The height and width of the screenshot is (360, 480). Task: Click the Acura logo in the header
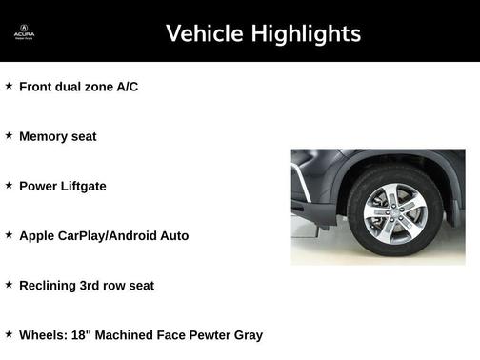pos(24,32)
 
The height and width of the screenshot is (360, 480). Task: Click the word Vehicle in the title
pos(204,34)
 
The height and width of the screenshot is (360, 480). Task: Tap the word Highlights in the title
pos(306,34)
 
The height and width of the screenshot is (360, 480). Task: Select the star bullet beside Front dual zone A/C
pos(9,86)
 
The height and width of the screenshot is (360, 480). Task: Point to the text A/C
pos(128,87)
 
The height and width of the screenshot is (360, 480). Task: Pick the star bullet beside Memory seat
pos(9,135)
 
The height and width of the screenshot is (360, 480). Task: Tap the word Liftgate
pos(81,186)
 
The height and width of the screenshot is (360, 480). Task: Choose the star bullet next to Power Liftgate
pos(9,185)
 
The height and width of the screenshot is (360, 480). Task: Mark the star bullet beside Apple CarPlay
pos(9,234)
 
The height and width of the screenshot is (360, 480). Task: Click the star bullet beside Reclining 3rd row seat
pos(9,284)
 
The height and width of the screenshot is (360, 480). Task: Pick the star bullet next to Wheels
pos(9,333)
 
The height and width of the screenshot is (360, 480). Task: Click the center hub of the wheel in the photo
pos(395,210)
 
